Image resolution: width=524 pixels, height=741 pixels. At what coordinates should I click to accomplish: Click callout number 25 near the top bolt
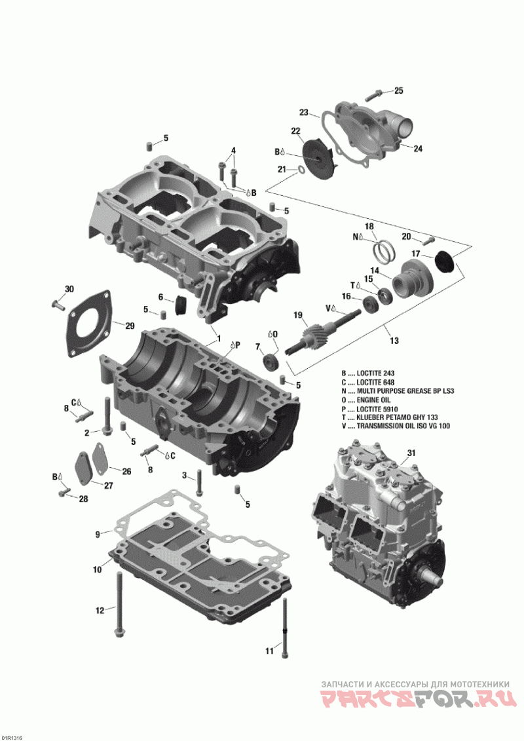click(398, 90)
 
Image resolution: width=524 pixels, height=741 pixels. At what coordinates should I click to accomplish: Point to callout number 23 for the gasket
click(304, 111)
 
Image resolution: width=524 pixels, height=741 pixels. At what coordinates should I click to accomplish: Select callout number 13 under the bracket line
click(394, 341)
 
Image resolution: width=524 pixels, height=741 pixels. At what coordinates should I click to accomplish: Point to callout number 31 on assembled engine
click(411, 453)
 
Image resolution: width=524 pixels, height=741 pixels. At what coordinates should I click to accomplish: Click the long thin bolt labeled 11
click(286, 616)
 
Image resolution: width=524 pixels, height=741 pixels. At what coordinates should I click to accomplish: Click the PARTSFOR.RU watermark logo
click(415, 700)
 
